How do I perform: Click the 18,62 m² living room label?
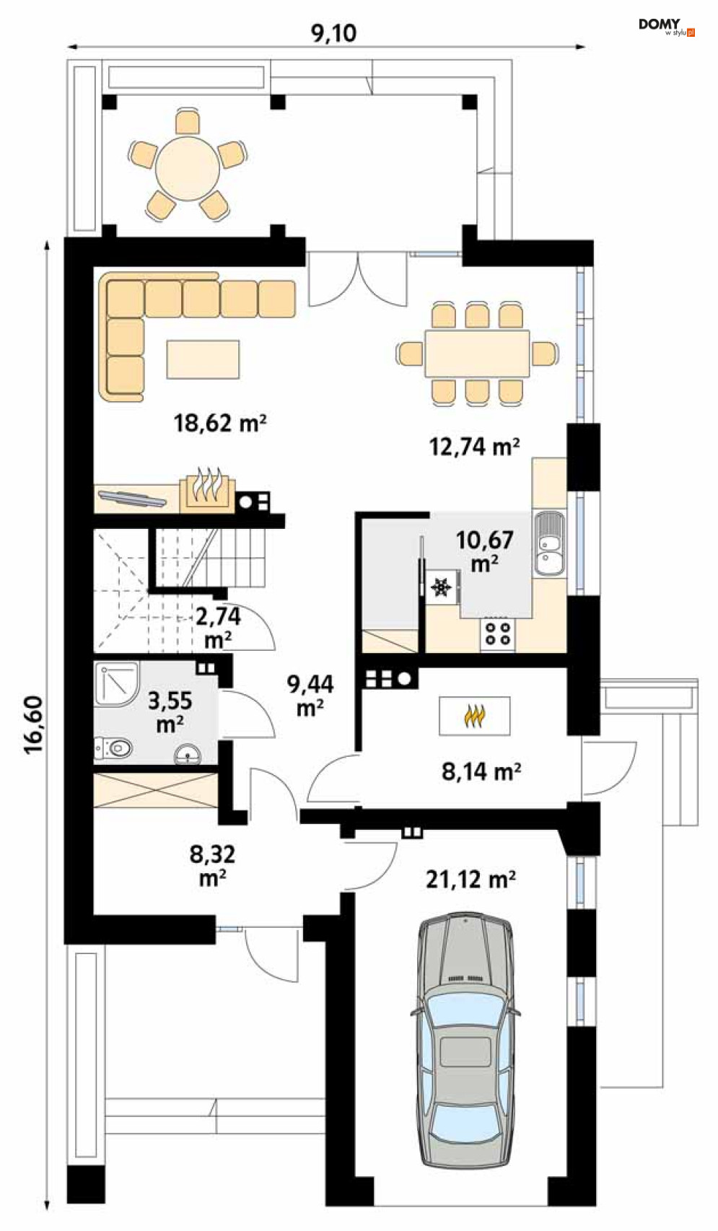pyautogui.click(x=220, y=423)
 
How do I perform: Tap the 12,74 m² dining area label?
pyautogui.click(x=474, y=446)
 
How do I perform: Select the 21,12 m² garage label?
pyautogui.click(x=470, y=880)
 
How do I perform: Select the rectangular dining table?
pyautogui.click(x=477, y=353)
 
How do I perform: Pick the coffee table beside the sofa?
pyautogui.click(x=203, y=359)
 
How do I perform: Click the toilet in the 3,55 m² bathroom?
pyautogui.click(x=114, y=748)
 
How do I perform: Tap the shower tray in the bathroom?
pyautogui.click(x=117, y=683)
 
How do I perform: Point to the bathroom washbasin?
pyautogui.click(x=188, y=755)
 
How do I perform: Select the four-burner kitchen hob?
pyautogui.click(x=497, y=633)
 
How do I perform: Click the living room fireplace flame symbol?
pyautogui.click(x=207, y=487)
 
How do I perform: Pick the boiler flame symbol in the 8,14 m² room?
pyautogui.click(x=474, y=716)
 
